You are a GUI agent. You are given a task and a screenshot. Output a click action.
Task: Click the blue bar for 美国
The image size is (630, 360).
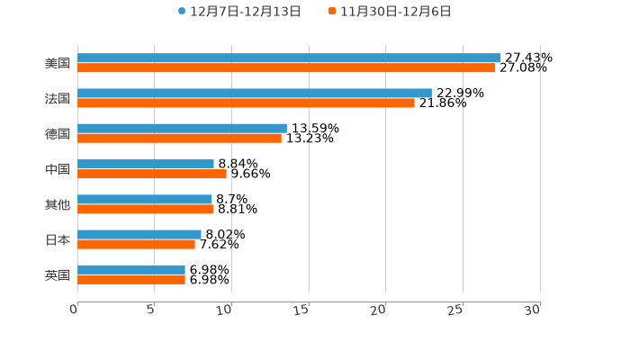pyautogui.click(x=288, y=58)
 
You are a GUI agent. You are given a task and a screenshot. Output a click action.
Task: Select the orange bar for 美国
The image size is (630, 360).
pyautogui.click(x=285, y=67)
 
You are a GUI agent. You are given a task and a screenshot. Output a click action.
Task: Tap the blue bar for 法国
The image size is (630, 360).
pyautogui.click(x=254, y=93)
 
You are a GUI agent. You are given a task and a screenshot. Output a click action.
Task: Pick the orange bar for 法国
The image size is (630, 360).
pyautogui.click(x=246, y=103)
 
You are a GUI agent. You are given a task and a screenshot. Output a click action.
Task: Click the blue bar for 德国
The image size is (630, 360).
pyautogui.click(x=182, y=129)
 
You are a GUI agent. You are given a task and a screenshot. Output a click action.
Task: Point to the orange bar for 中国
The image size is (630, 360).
pyautogui.click(x=151, y=174)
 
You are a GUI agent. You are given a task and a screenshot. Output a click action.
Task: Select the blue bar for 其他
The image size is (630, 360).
pyautogui.click(x=144, y=200)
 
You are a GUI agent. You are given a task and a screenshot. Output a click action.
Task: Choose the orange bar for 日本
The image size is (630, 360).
pyautogui.click(x=136, y=244)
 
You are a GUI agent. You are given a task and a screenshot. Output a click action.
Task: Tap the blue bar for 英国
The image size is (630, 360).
pyautogui.click(x=130, y=270)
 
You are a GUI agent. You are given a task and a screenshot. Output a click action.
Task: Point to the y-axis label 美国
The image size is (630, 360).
pyautogui.click(x=58, y=63)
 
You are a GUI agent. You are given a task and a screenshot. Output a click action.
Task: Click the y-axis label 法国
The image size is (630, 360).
pyautogui.click(x=58, y=98)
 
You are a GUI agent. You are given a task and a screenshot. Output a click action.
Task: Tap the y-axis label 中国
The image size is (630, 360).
pyautogui.click(x=58, y=169)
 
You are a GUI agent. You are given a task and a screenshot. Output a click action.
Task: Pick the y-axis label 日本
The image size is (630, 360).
pyautogui.click(x=58, y=239)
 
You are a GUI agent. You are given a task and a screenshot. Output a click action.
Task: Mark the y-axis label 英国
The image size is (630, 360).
pyautogui.click(x=58, y=274)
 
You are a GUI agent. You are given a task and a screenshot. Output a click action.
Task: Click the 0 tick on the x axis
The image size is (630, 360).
pyautogui.click(x=75, y=310)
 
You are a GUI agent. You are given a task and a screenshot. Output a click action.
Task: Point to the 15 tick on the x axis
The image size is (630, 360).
pyautogui.click(x=302, y=310)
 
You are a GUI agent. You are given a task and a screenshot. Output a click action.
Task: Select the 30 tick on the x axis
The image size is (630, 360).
pyautogui.click(x=533, y=310)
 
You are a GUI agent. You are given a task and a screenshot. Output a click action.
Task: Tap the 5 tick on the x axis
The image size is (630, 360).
pyautogui.click(x=151, y=310)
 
